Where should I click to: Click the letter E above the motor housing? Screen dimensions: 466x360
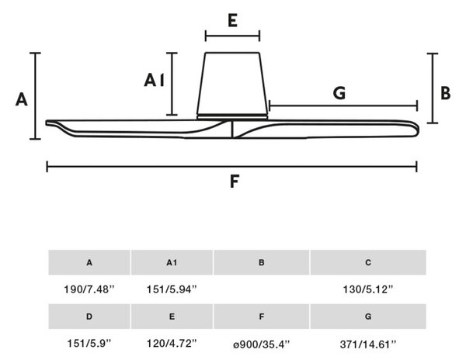click(x=232, y=21)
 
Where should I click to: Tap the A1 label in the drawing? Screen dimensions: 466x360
click(x=155, y=80)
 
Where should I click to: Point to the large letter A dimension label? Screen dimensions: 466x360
click(x=22, y=99)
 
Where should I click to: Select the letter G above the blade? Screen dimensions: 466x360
click(x=339, y=93)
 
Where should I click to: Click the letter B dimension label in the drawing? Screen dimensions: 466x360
click(x=446, y=93)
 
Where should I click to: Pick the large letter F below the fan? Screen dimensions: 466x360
click(x=235, y=182)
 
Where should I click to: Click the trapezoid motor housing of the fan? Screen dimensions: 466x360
click(x=232, y=84)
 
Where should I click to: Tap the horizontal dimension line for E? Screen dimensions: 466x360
click(x=232, y=36)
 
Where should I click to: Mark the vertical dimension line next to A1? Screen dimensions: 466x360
click(x=172, y=84)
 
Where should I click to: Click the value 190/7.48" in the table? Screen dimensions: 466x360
click(x=89, y=289)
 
